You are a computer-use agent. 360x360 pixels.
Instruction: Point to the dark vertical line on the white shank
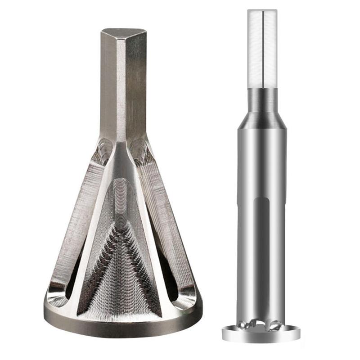[x=262, y=49]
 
